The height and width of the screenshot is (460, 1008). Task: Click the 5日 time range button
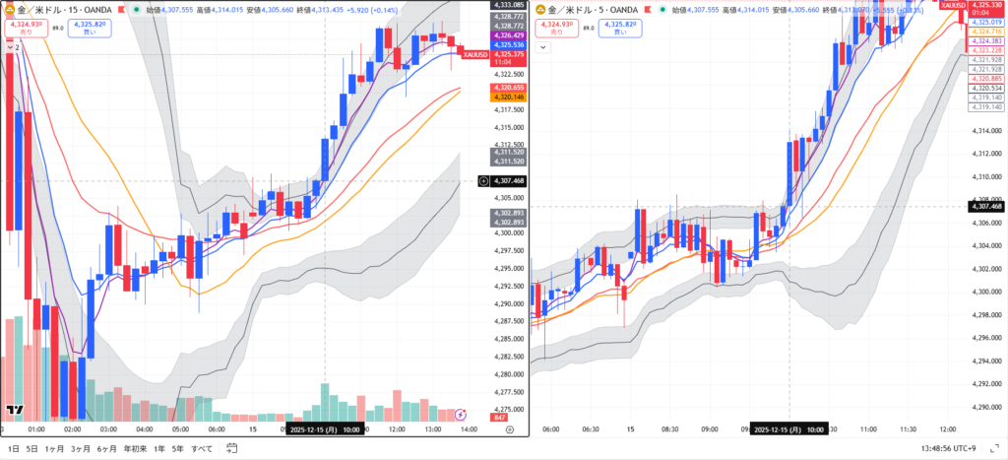(x=32, y=448)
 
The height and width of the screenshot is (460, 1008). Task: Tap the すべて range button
(x=201, y=448)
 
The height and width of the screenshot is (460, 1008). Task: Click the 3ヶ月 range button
(x=81, y=448)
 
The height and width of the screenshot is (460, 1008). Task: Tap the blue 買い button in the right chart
(x=618, y=28)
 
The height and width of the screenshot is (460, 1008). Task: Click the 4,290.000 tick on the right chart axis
(x=987, y=408)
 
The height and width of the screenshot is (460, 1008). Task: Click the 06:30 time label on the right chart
(x=591, y=429)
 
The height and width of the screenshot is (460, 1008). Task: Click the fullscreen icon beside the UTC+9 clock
(x=994, y=448)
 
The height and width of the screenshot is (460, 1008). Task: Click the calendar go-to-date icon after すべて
(x=229, y=448)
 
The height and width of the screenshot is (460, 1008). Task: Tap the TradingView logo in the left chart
(x=15, y=410)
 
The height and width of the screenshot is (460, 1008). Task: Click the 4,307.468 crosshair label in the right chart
(x=985, y=206)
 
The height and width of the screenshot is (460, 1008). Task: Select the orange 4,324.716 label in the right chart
(x=987, y=32)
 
